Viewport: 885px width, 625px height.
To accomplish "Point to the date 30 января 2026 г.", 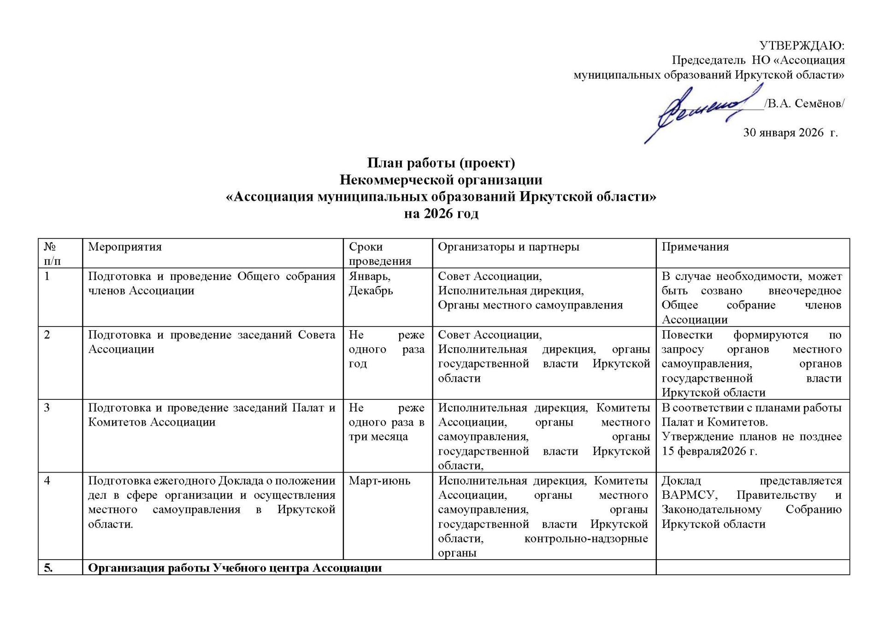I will (x=790, y=133).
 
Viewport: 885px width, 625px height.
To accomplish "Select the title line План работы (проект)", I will (x=441, y=163).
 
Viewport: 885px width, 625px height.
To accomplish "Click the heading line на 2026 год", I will (x=441, y=213).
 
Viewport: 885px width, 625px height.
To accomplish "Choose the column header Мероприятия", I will (x=125, y=247).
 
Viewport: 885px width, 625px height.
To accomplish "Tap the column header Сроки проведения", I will (x=380, y=254).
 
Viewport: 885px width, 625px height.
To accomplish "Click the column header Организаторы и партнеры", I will (x=508, y=247).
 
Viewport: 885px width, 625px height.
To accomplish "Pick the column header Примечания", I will (x=695, y=247).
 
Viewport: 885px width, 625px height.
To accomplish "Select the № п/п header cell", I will (x=52, y=254).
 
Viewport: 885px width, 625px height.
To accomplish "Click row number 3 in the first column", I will (x=47, y=408).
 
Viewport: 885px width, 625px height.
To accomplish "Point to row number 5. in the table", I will (x=48, y=568).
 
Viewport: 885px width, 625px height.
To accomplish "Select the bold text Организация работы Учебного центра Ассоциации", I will (x=235, y=568).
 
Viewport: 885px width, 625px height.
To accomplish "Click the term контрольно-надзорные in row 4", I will (x=586, y=538).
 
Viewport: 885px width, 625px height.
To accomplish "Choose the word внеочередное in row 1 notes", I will (x=804, y=291).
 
